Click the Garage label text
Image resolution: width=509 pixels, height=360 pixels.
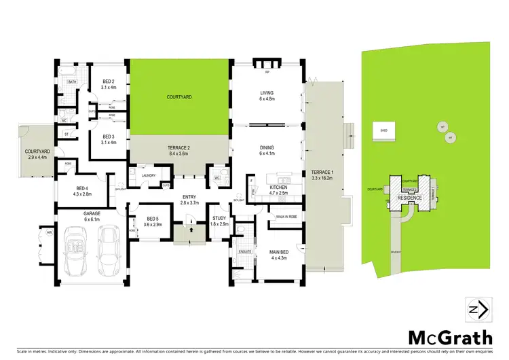pyautogui.click(x=91, y=216)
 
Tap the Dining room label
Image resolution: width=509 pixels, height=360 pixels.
pyautogui.click(x=266, y=149)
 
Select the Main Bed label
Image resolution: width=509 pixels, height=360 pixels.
pyautogui.click(x=280, y=253)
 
